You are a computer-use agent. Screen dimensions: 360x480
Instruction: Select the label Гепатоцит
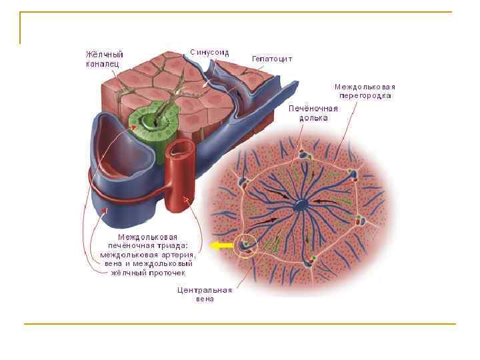271,59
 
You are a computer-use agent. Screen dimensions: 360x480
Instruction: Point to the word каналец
102,63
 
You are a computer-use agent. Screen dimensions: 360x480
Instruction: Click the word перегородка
365,95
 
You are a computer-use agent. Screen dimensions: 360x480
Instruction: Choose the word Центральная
204,290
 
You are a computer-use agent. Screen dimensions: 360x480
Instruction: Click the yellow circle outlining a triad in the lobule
246,245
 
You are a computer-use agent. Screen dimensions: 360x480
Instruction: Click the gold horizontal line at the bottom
240,324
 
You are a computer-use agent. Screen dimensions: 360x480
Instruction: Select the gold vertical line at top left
21,28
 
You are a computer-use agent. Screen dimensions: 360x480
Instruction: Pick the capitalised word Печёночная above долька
313,108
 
